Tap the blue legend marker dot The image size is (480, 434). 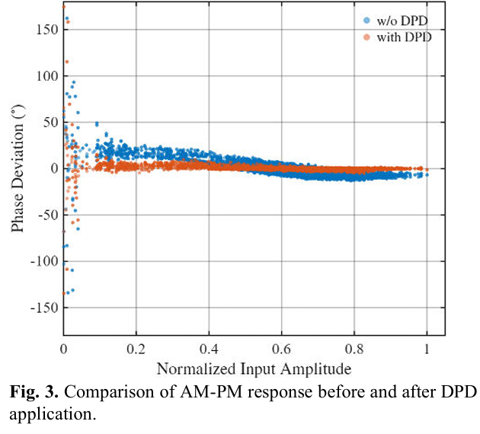coord(366,21)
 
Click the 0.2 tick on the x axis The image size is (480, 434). coord(136,349)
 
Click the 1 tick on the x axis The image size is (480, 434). coord(427,349)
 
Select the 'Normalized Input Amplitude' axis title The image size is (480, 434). coord(254,369)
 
